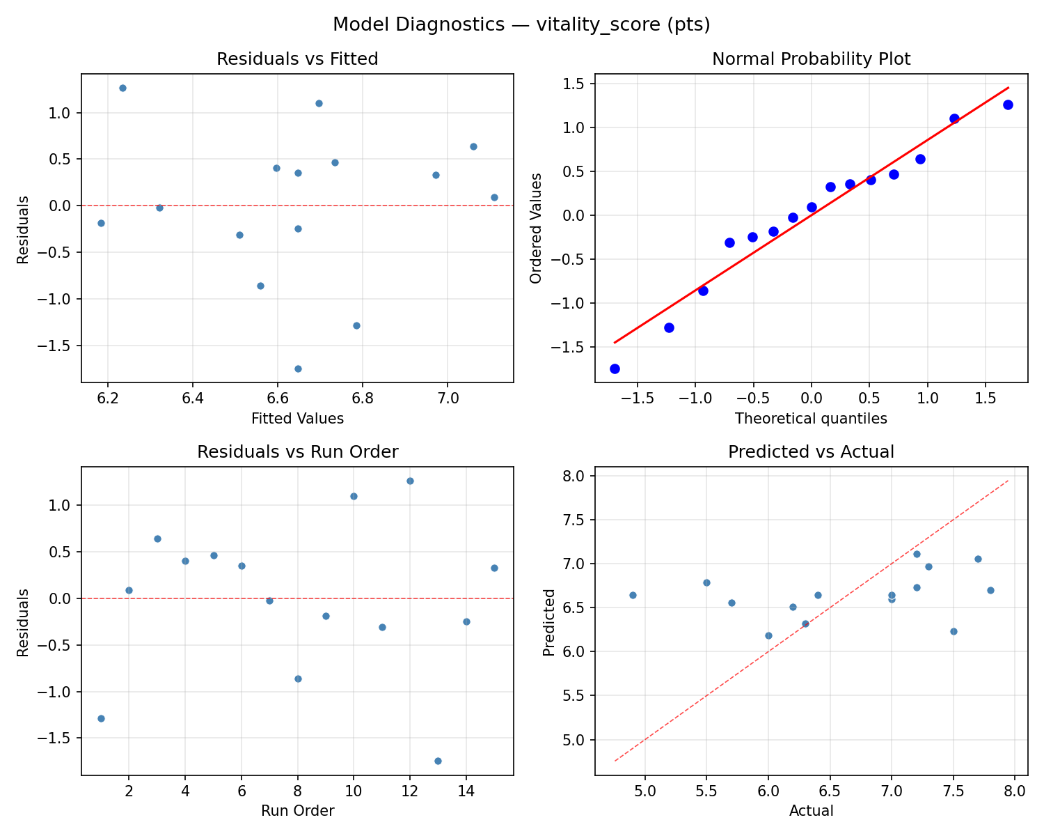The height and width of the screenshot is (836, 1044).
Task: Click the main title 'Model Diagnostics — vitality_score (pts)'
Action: pyautogui.click(x=521, y=24)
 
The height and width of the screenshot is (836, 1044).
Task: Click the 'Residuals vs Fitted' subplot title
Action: pyautogui.click(x=297, y=59)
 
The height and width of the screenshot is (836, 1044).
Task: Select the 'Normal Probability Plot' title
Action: pyautogui.click(x=811, y=59)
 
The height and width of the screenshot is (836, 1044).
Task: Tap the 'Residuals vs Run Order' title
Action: pyautogui.click(x=297, y=452)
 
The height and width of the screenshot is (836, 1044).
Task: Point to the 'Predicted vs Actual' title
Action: pyautogui.click(x=811, y=452)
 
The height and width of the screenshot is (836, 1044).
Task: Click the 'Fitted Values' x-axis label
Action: pyautogui.click(x=297, y=419)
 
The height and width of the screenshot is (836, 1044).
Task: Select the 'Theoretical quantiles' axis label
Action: pyautogui.click(x=811, y=419)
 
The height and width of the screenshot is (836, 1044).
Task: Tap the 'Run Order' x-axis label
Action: pyautogui.click(x=297, y=811)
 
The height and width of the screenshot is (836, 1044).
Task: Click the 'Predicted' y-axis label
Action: pyautogui.click(x=549, y=622)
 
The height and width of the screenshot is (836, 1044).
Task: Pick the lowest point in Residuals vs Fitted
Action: pyautogui.click(x=298, y=369)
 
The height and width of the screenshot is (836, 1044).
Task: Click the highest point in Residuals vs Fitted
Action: pyautogui.click(x=122, y=88)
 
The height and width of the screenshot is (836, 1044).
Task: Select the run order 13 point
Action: pyautogui.click(x=438, y=761)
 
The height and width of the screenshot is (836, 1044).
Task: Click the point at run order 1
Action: pyautogui.click(x=101, y=718)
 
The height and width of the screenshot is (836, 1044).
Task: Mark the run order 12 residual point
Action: pyautogui.click(x=410, y=481)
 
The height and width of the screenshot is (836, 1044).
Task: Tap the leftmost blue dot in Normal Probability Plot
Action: pyautogui.click(x=615, y=369)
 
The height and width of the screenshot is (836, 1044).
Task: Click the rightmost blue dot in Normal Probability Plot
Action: pyautogui.click(x=1008, y=104)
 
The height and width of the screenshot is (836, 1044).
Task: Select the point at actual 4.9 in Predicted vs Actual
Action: pyautogui.click(x=633, y=595)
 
